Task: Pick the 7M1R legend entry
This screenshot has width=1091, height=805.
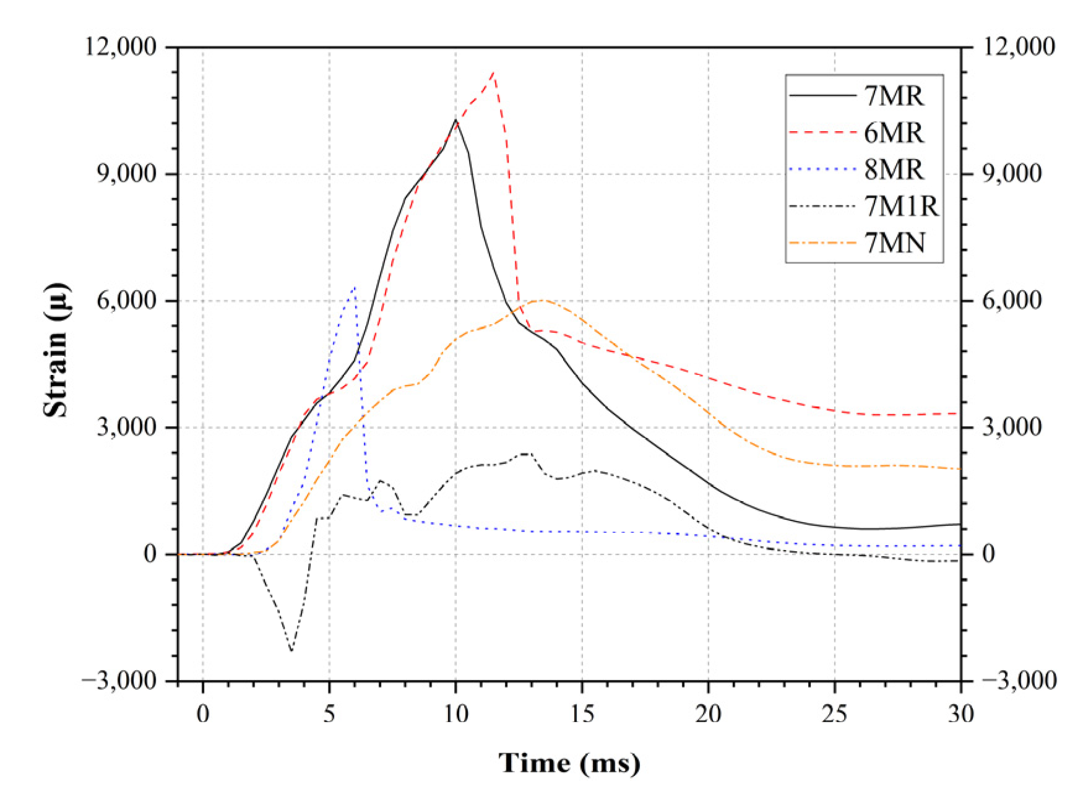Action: point(901,206)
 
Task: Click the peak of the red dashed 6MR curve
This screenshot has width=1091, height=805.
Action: point(493,73)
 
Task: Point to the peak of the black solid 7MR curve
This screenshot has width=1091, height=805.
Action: point(455,120)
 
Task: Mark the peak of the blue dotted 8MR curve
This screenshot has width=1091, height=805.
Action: point(355,287)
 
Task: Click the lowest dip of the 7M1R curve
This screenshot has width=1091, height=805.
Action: point(291,650)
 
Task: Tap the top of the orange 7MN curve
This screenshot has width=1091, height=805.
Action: point(542,300)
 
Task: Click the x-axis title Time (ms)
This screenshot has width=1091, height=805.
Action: point(569,763)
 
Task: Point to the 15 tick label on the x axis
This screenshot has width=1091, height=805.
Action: point(582,714)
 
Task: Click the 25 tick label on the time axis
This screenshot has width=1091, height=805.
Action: point(834,714)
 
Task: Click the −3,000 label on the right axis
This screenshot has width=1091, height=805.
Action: point(1018,681)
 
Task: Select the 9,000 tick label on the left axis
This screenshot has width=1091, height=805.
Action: point(127,174)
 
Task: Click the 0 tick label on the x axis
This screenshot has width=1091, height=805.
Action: point(203,714)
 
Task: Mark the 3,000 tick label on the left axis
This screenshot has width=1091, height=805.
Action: point(127,427)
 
